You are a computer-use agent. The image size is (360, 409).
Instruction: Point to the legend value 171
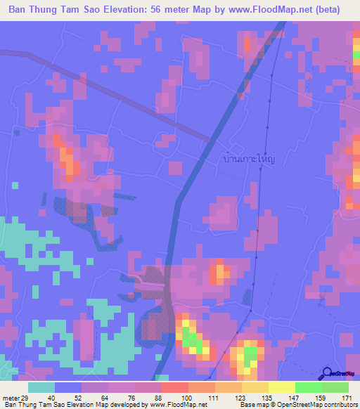[347, 398]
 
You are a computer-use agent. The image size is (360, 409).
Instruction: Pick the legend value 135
[267, 398]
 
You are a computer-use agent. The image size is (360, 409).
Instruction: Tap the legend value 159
[321, 398]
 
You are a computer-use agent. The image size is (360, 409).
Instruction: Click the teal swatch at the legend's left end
[41, 387]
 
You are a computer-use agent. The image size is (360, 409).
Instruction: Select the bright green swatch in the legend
[308, 387]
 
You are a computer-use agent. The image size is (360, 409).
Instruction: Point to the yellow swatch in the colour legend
[281, 387]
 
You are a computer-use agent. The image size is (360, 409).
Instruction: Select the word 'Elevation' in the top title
[124, 10]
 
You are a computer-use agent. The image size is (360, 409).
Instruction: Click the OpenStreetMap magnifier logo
[327, 373]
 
